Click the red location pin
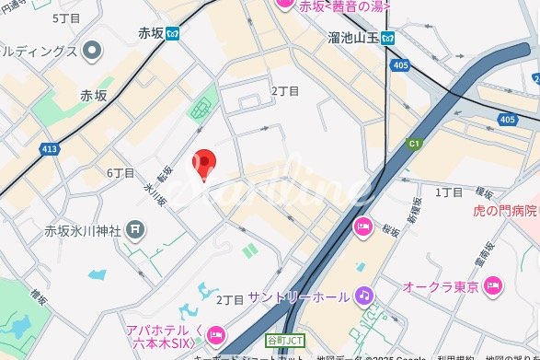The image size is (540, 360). [x=203, y=165]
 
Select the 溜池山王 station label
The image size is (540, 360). [x=353, y=38]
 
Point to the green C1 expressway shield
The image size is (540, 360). [x=413, y=144]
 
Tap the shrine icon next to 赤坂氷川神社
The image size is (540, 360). [x=134, y=228]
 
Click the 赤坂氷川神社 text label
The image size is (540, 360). [x=84, y=229]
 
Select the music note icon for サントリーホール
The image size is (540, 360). [x=364, y=296]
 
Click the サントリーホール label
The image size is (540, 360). [x=298, y=296]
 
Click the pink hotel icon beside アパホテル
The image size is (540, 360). [x=216, y=333]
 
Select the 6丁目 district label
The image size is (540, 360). [x=121, y=173]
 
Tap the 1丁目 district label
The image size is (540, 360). [x=448, y=192]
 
